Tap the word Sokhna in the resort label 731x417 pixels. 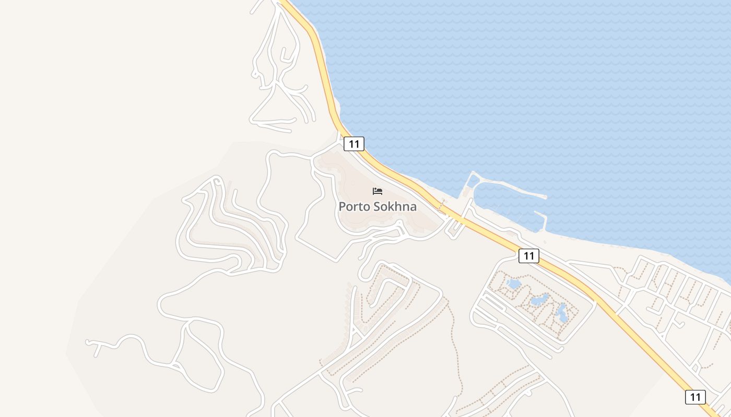(x=395, y=207)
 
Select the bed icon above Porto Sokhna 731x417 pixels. (x=378, y=191)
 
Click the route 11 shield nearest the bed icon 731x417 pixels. (x=353, y=143)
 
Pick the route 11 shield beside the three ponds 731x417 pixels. (x=529, y=255)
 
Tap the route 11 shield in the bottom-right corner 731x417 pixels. (x=695, y=397)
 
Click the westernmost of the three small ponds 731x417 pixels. (x=513, y=284)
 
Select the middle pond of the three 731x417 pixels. (x=538, y=300)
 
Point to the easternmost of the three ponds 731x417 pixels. (x=562, y=312)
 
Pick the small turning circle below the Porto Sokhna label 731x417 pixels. (x=399, y=225)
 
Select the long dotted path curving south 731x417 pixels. (x=457, y=354)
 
